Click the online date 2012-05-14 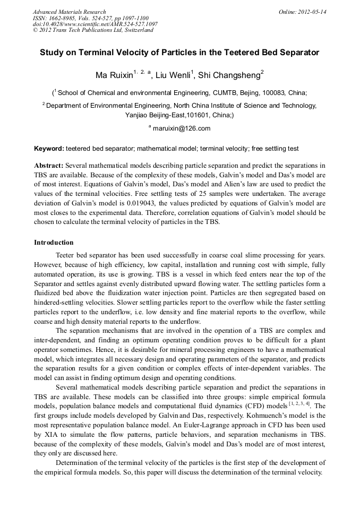312,12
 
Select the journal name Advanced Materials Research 70,12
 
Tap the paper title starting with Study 179,53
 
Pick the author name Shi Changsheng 228,76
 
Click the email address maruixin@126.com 182,128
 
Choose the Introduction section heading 54,243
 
